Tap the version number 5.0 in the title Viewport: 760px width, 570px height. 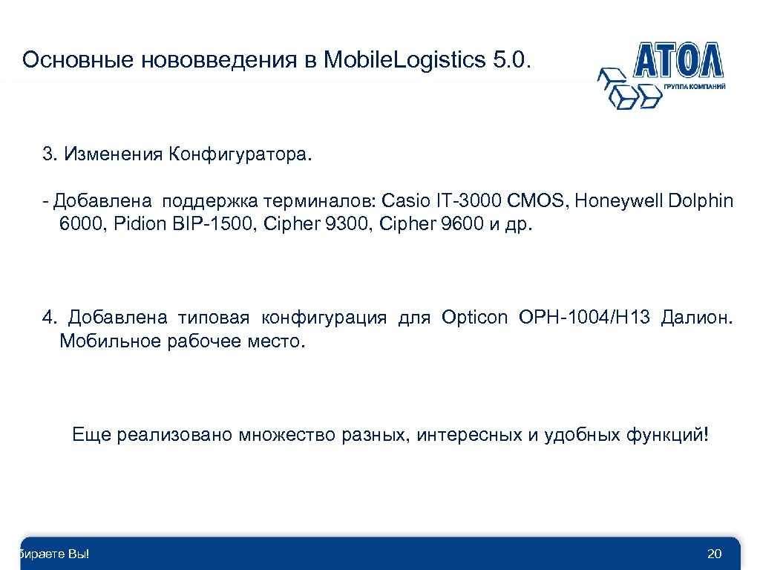click(509, 60)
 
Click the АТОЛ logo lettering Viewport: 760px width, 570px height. click(678, 60)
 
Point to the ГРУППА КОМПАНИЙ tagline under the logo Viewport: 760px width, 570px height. click(695, 87)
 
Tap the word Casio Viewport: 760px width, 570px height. click(403, 200)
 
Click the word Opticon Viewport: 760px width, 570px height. click(474, 318)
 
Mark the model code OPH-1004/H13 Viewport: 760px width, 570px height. click(586, 318)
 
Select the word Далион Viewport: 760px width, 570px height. click(700, 318)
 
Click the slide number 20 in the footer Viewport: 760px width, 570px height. click(715, 554)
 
